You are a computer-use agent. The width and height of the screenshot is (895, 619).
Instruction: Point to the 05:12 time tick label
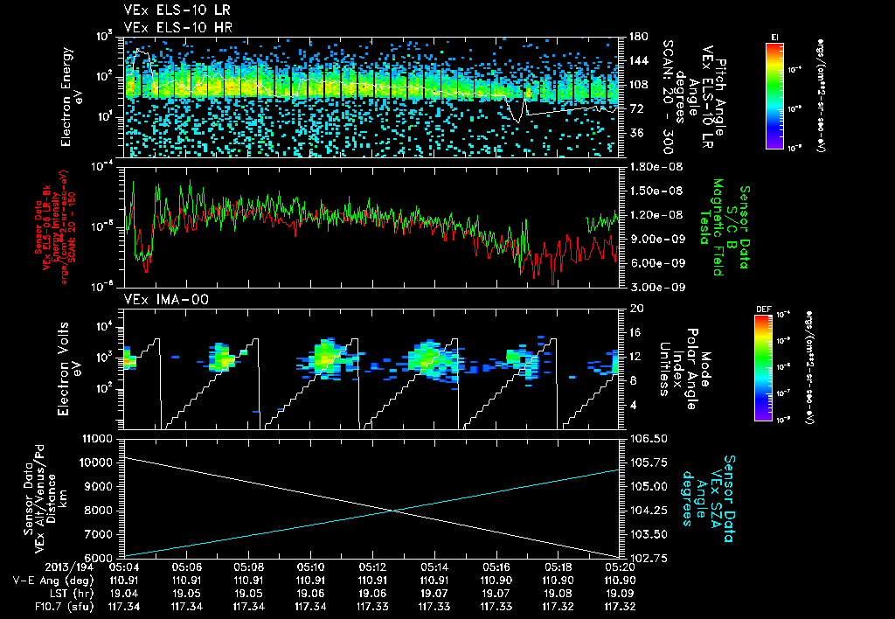373,567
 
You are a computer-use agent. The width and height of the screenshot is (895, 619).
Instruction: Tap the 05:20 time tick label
620,567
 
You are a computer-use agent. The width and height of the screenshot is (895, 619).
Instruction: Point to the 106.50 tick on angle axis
645,437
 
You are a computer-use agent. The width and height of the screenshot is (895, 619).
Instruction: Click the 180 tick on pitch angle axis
637,37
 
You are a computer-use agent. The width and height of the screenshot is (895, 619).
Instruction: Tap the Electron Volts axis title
72,369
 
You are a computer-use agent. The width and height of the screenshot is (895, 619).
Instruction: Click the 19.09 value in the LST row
620,592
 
